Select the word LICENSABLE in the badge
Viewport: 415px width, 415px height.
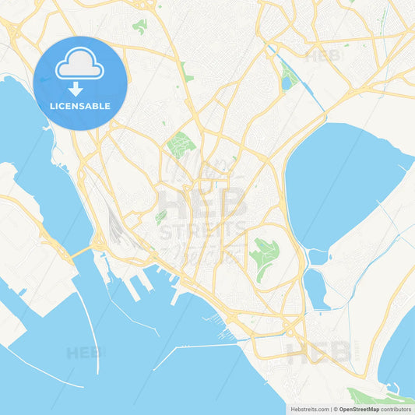tap(79, 106)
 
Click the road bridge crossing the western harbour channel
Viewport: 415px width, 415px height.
tap(80, 251)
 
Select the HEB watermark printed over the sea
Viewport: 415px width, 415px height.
tap(84, 353)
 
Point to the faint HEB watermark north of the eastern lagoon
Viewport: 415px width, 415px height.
tap(322, 56)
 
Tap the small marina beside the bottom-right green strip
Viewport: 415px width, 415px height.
tap(394, 388)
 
